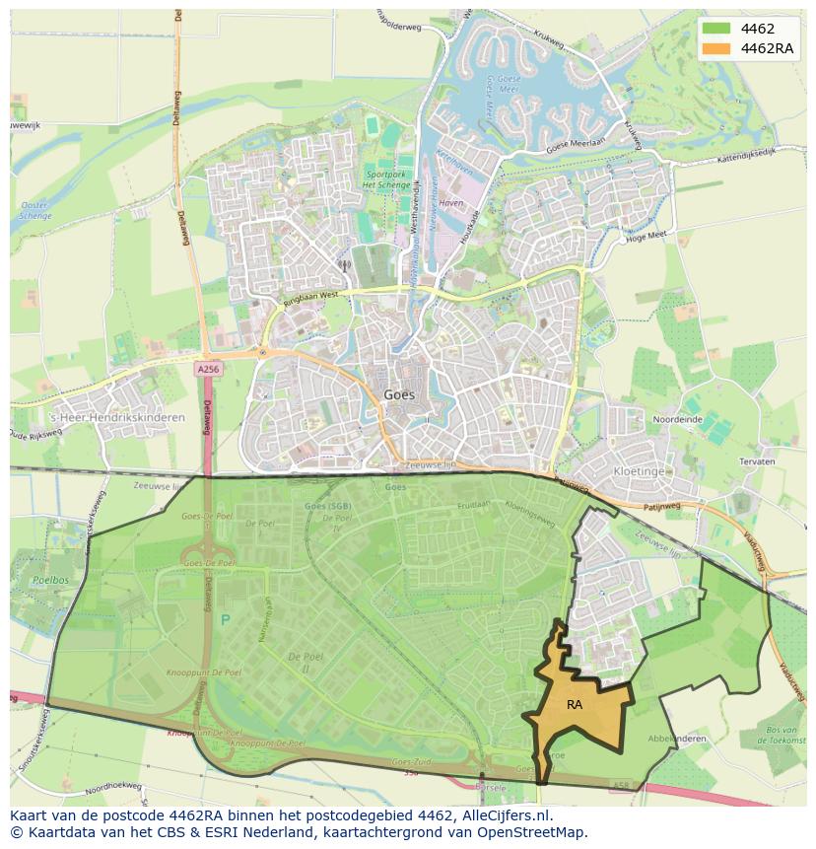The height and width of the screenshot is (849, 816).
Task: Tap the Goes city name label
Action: click(x=399, y=394)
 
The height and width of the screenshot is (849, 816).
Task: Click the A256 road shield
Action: click(x=207, y=369)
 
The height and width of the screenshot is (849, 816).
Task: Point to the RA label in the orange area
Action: click(x=575, y=705)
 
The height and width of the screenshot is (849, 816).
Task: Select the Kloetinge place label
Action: click(x=639, y=471)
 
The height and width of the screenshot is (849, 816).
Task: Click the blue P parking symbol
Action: click(x=225, y=619)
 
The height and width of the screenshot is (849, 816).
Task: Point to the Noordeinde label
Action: click(x=679, y=418)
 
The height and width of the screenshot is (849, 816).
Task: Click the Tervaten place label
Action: click(x=754, y=461)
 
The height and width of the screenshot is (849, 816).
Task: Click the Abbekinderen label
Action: click(x=676, y=739)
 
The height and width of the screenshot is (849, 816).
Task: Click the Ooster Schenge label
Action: click(x=35, y=210)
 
